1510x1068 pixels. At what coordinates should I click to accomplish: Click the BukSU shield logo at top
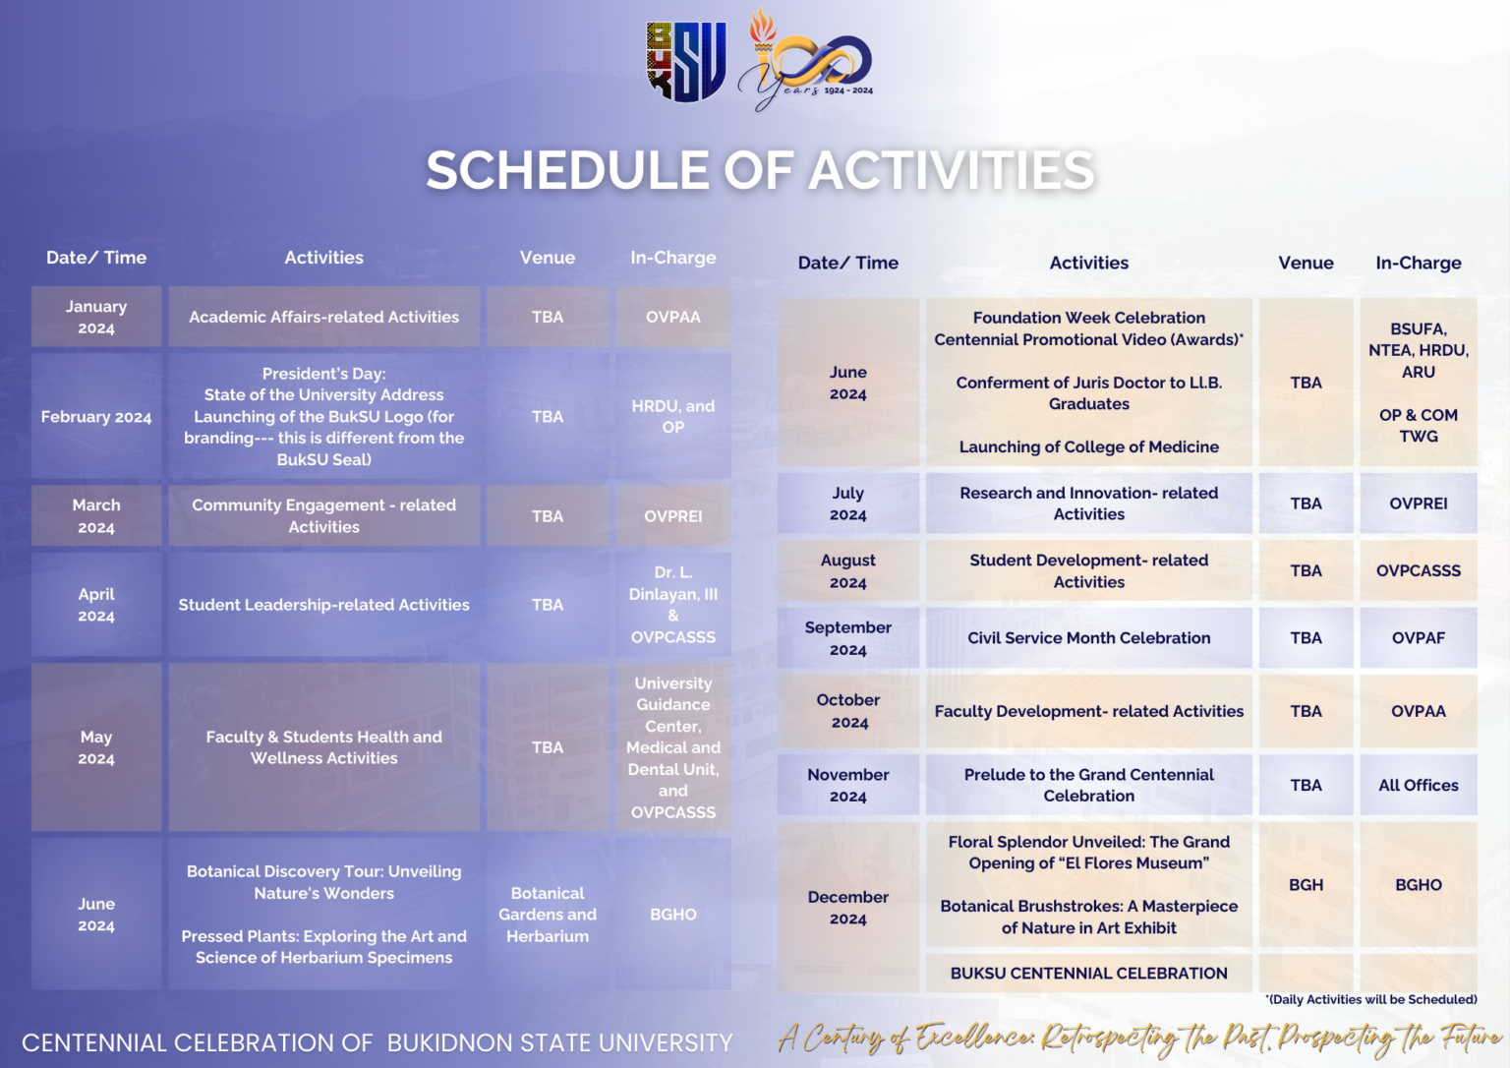point(686,62)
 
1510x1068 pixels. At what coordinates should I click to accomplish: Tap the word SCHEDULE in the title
point(566,170)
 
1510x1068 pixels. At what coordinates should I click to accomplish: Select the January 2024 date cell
point(96,317)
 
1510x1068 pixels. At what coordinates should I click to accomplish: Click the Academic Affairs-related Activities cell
point(323,317)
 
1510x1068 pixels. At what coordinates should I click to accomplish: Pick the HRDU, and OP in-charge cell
point(672,416)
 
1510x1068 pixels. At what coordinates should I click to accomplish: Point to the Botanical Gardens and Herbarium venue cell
point(548,915)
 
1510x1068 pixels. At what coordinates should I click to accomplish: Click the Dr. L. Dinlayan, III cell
point(672,604)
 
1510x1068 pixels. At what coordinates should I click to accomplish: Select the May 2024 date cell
point(96,747)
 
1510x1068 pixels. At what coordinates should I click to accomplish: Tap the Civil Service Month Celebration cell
point(1088,637)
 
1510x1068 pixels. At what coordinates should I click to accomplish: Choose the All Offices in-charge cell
point(1418,785)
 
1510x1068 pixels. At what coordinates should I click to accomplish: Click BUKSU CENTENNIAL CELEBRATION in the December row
point(1088,973)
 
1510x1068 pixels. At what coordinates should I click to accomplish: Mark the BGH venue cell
point(1306,884)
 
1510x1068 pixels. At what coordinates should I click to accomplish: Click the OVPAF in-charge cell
point(1418,637)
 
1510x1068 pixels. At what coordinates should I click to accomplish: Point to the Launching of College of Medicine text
point(1088,446)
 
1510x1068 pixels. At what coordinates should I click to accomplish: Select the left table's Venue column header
point(548,258)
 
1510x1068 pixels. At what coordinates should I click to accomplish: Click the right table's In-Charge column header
point(1418,263)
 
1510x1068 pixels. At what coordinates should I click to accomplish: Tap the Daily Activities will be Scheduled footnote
point(1371,999)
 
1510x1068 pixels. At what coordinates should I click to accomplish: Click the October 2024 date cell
point(848,711)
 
